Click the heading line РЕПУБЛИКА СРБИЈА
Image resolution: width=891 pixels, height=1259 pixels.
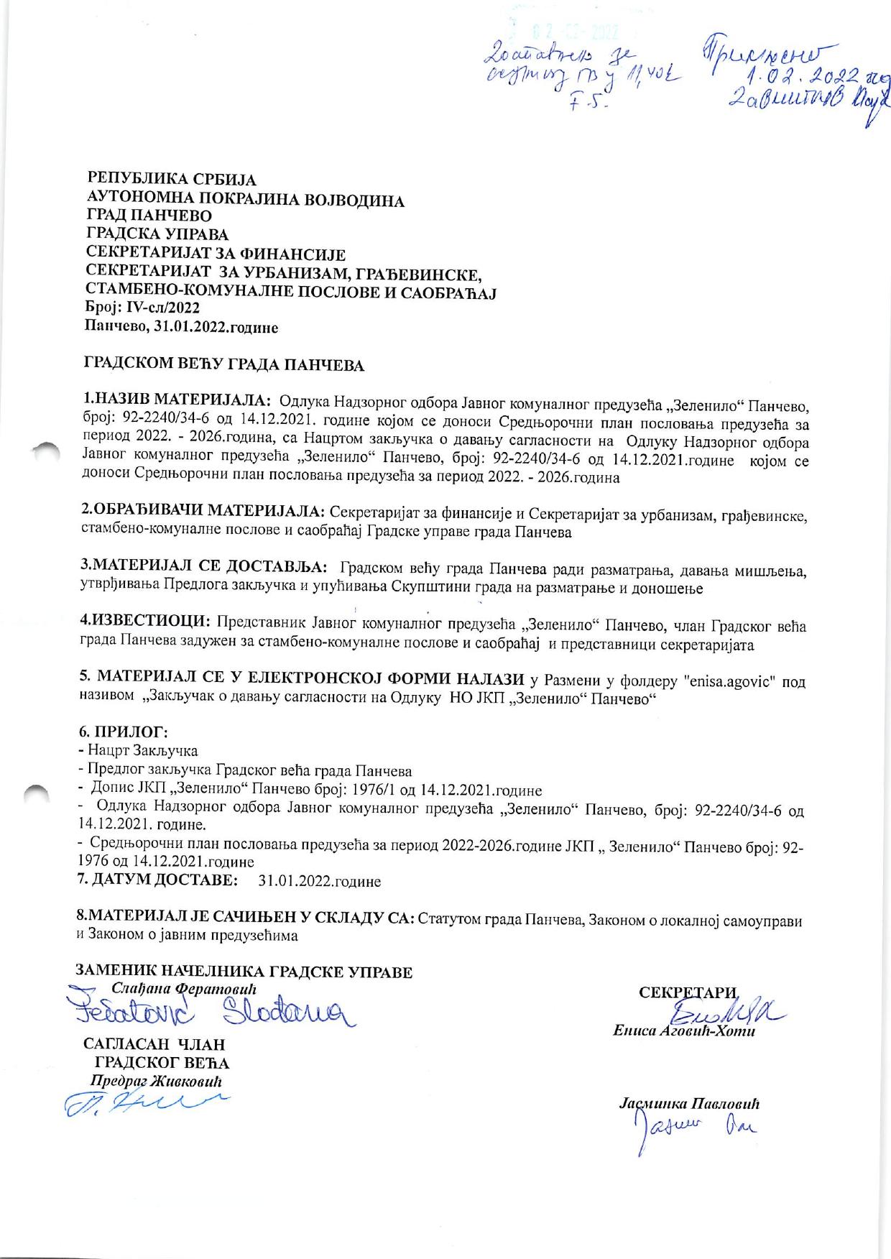pos(172,179)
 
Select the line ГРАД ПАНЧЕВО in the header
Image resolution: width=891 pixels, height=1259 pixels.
pos(149,216)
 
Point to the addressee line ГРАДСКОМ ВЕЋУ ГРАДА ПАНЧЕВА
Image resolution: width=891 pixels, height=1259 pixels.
pos(225,364)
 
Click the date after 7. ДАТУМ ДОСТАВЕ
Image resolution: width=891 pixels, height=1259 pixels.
pos(319,881)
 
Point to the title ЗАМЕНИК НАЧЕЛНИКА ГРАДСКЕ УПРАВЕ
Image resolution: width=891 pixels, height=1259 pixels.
pos(245,973)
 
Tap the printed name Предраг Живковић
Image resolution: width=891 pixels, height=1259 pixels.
pos(156,1082)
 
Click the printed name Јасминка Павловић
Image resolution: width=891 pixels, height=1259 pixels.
pos(689,1104)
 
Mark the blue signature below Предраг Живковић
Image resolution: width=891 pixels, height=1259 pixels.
pos(144,1104)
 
